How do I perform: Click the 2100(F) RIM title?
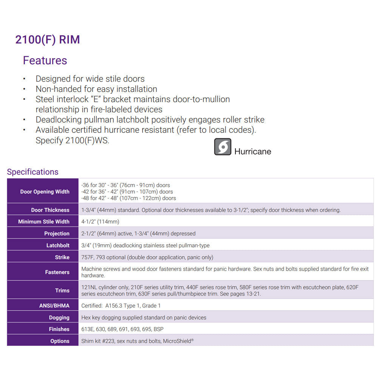click(x=48, y=40)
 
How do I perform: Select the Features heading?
click(x=45, y=60)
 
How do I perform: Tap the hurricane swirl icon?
click(x=223, y=147)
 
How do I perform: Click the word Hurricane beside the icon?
click(x=253, y=152)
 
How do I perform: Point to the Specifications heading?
click(x=33, y=172)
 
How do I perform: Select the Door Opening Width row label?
click(x=45, y=192)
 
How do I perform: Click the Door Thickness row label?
click(x=50, y=210)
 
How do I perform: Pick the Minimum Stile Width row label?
click(x=44, y=222)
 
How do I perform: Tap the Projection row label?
click(x=57, y=234)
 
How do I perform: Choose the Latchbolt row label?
click(x=58, y=245)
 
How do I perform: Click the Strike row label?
click(x=62, y=257)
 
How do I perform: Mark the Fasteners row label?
click(x=57, y=272)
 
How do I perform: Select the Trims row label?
click(x=62, y=291)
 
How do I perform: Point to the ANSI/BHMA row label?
click(x=54, y=305)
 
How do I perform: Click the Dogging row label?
click(x=59, y=318)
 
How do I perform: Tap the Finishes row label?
click(x=59, y=329)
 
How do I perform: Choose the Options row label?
click(x=60, y=341)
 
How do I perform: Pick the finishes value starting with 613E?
click(x=122, y=329)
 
